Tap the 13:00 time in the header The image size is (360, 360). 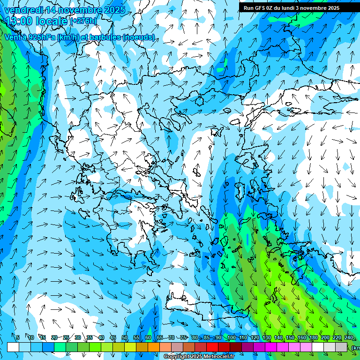pos(19,21)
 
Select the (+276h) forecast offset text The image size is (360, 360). pos(83,21)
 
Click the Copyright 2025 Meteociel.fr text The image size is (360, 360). pos(199,357)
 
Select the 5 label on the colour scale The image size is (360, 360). pos(17,337)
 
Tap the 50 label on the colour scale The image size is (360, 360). pos(125,337)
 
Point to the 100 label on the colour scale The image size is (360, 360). pos(231,337)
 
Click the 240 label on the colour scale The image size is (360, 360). pos(349,337)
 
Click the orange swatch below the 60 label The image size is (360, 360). pos(154,347)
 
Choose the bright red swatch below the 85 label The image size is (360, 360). pos(212,347)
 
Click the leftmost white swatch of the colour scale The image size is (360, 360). pos(13,347)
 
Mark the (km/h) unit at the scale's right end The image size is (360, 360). pos(356,348)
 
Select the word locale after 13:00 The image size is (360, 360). pos(52,21)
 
